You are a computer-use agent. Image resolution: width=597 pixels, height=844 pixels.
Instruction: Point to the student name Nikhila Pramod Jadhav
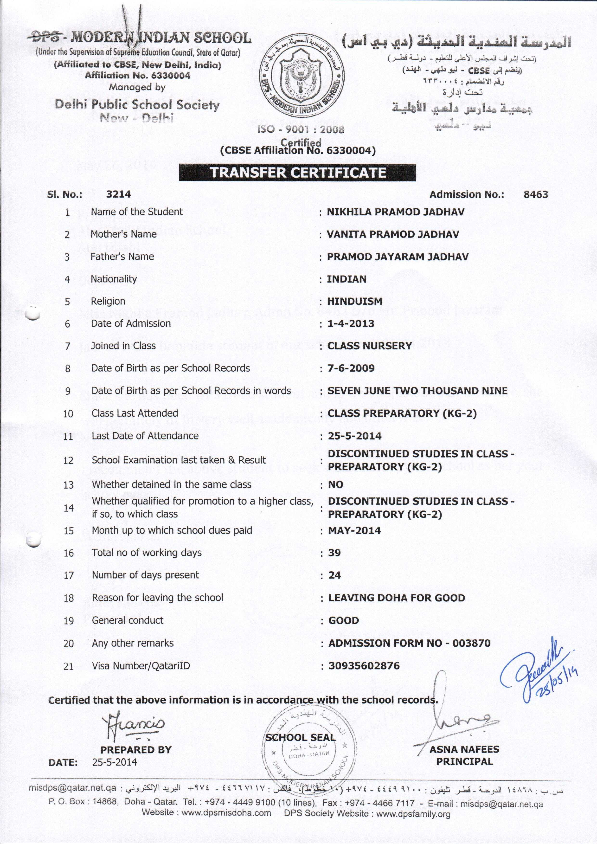pos(396,212)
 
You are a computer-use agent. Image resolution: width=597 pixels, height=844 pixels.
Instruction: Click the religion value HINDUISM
pos(355,301)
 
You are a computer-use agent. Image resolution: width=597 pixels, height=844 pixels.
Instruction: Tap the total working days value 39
pos(334,553)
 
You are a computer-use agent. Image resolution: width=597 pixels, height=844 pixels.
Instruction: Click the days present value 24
pos(334,575)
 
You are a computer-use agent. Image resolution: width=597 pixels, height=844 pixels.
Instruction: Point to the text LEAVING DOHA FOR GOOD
pos(396,598)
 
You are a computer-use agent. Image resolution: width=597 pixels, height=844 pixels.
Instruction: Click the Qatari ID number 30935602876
pos(364,666)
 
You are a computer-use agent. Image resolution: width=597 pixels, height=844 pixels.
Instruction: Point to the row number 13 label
pos(69,485)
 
